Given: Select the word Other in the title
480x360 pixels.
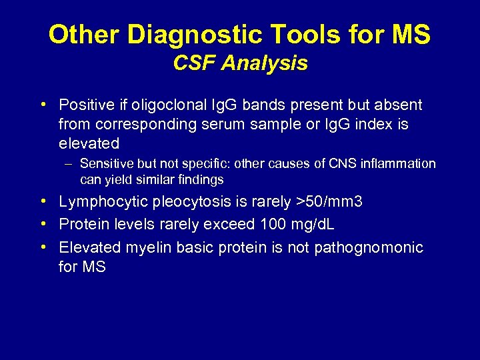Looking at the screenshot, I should pos(85,35).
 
